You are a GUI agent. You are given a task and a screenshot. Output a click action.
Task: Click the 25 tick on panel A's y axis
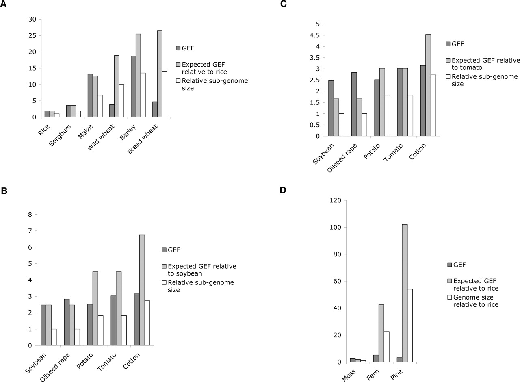click(x=32, y=36)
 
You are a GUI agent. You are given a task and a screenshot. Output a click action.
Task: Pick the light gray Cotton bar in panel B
click(x=142, y=290)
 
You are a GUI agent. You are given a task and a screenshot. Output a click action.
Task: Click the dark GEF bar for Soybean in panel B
click(x=43, y=325)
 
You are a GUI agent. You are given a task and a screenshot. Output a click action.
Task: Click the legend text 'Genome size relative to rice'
click(x=475, y=301)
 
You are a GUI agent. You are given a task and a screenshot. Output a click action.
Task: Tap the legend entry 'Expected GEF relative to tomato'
click(x=486, y=64)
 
